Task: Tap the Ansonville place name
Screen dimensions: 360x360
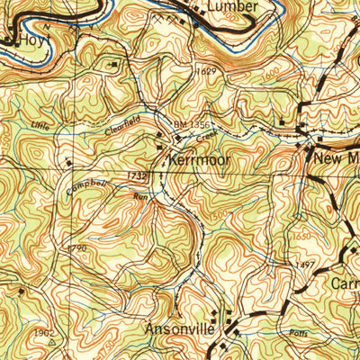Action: coord(180,330)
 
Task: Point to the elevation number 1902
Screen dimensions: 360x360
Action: coord(43,331)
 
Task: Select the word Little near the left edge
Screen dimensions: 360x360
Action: coord(40,125)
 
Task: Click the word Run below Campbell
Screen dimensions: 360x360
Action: coord(139,196)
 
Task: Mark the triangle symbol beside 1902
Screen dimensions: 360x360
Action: coord(52,342)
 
